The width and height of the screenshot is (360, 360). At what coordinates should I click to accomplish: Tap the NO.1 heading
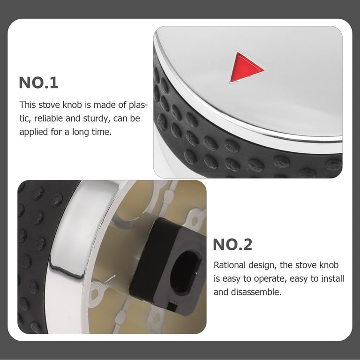38,82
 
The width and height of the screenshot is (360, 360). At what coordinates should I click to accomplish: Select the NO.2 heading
232,245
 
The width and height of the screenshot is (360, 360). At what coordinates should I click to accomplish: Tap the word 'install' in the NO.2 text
332,278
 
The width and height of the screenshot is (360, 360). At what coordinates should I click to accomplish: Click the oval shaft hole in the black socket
184,272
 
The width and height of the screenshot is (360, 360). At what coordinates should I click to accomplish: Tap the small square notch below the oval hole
172,307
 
